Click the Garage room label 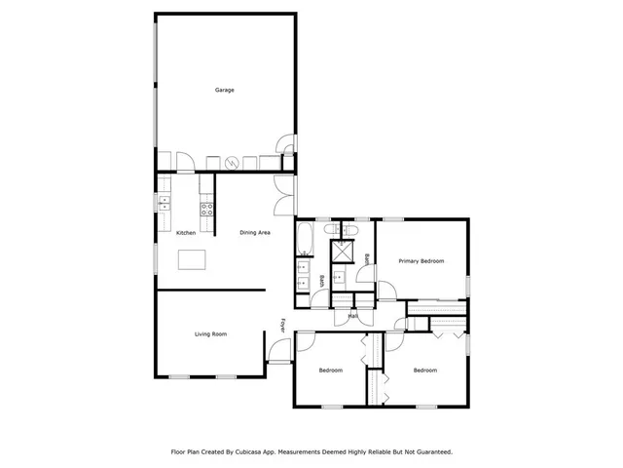[224, 91]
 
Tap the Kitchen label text [185, 233]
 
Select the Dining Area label [255, 233]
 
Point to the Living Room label [210, 334]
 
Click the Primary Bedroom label [421, 261]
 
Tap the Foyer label [283, 326]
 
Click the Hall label [352, 316]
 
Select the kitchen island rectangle [193, 259]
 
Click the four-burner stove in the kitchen [206, 207]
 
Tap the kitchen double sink [165, 203]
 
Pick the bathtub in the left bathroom [303, 240]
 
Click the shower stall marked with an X [342, 251]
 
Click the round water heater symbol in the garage [232, 163]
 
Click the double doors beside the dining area [282, 195]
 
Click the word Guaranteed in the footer [431, 452]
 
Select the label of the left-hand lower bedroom [332, 370]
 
